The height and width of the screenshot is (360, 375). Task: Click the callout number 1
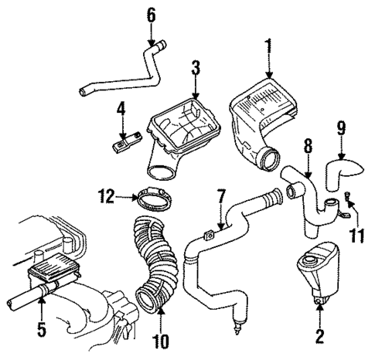(269, 46)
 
